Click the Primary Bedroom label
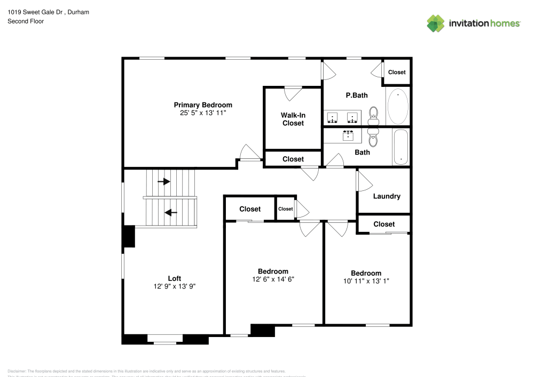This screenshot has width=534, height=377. coord(203,105)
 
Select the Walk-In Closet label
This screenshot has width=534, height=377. coord(293,119)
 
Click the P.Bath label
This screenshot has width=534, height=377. coord(357,95)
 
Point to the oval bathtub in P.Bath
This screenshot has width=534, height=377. coord(397,107)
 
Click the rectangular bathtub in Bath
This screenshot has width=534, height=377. coord(400,147)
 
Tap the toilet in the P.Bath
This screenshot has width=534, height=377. coord(373,114)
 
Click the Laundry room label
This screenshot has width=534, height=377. coord(387,196)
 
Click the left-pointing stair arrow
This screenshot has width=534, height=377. coord(170,213)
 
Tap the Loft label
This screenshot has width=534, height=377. coord(175,278)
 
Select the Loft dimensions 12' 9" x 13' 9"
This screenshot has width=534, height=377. coord(175,286)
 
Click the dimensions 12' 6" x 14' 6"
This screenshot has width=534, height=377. coord(273,279)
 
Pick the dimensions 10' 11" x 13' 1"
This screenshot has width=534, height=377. coord(366,281)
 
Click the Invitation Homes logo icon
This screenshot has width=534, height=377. coord(436,23)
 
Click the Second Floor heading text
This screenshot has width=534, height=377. coord(26,21)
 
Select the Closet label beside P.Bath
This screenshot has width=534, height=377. coord(397,73)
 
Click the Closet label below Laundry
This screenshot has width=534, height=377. coord(384,224)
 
